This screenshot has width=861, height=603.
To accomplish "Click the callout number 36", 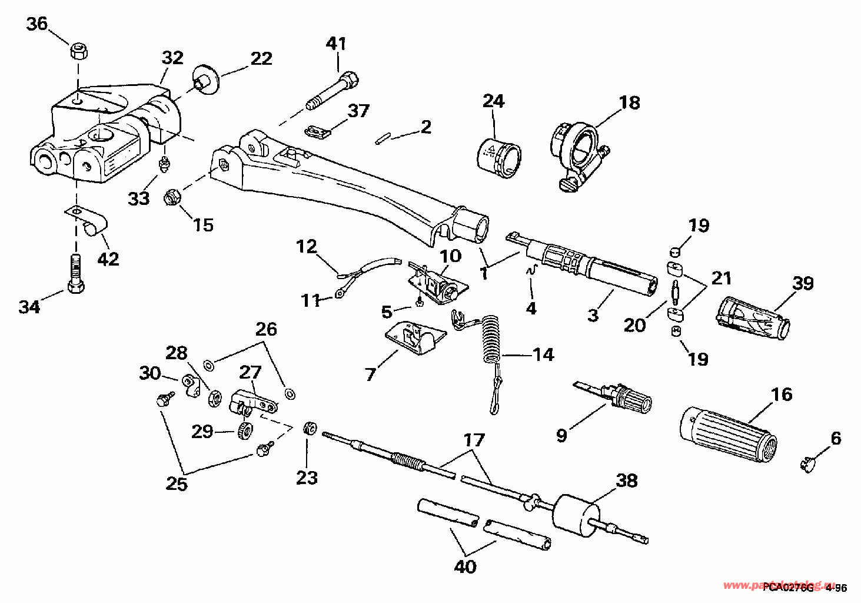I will tap(36, 24).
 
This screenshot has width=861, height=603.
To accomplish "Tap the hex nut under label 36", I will tap(78, 51).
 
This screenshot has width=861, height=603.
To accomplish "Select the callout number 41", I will tap(337, 44).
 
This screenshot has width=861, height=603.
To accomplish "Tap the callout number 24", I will tap(493, 101).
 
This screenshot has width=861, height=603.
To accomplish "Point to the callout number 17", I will tap(474, 440).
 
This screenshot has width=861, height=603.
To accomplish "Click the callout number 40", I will tap(465, 566).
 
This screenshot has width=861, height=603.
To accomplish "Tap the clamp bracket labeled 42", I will tap(89, 220).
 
